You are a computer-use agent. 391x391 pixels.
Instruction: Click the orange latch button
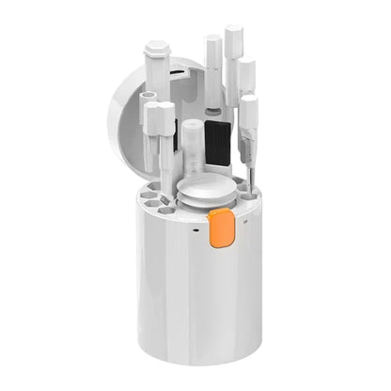pyautogui.click(x=222, y=228)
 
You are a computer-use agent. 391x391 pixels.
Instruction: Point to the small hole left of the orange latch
pyautogui.click(x=196, y=227)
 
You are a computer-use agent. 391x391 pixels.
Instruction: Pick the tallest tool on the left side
pyautogui.click(x=158, y=85)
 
